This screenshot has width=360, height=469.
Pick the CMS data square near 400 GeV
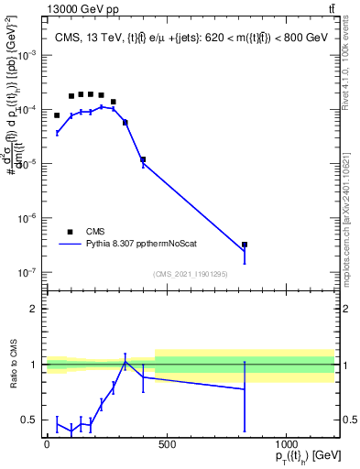[x=143, y=159]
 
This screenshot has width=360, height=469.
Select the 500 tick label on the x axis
[x=167, y=445]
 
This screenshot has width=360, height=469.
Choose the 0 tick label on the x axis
[x=47, y=445]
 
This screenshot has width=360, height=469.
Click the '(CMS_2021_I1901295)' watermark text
[x=191, y=274]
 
